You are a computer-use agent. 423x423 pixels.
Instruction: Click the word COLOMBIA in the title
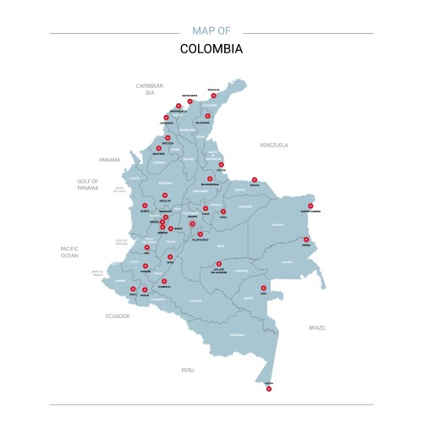point(211,48)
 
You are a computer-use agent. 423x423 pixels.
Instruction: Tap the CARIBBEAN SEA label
point(150,89)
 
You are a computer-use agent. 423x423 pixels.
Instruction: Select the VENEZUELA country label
point(274,145)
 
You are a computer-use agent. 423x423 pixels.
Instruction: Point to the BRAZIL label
point(317,327)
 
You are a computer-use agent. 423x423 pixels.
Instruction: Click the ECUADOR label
point(118,316)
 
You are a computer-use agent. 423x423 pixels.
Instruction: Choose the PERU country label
point(188,370)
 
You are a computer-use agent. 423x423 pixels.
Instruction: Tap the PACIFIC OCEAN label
point(69,250)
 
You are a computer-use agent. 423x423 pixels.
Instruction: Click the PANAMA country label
point(110,159)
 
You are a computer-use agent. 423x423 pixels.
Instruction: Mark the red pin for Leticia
point(269,389)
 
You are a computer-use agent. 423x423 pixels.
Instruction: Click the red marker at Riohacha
point(214,96)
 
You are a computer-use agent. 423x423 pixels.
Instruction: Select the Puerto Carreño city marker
point(310,206)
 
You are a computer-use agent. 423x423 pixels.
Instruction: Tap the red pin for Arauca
point(255,179)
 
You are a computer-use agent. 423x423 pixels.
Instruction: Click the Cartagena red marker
point(166,118)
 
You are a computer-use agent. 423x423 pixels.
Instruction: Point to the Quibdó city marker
point(145,205)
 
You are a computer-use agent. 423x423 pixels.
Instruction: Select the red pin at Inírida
point(306,239)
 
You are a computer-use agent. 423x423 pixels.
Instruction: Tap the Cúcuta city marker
point(222,165)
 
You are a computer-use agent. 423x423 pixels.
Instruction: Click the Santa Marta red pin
point(190,102)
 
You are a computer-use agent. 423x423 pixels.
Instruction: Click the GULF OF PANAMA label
point(88,184)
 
